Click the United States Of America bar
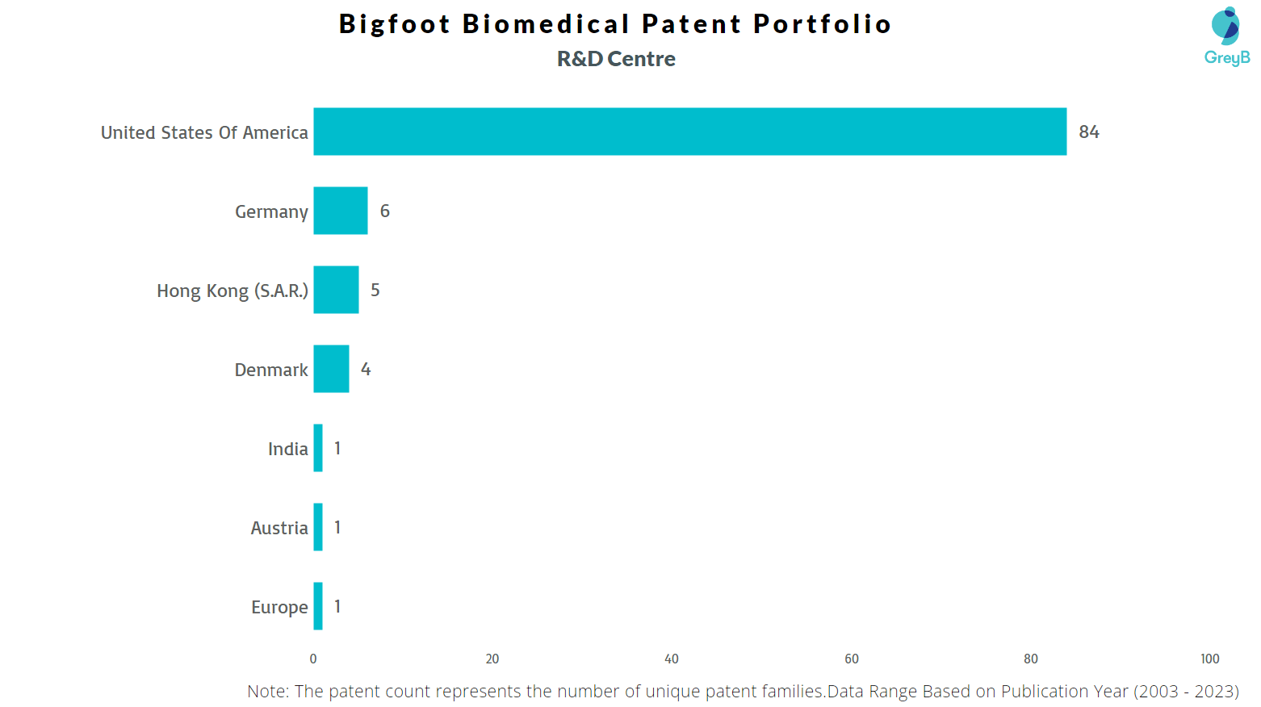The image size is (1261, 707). pos(689,132)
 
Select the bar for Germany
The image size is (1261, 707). pos(341,211)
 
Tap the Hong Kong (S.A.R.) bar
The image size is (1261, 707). pos(336,290)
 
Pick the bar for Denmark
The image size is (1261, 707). pos(331,369)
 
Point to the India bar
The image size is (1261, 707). pos(318,448)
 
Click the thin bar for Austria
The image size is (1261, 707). pos(318,527)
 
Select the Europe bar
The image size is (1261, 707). pos(318,606)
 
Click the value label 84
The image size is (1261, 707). pos(1089,132)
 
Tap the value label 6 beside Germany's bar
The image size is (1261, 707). pos(385,211)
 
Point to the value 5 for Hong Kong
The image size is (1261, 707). pos(375,290)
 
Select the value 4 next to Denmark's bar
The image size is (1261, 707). pos(366,369)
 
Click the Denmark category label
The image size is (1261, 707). pos(271,370)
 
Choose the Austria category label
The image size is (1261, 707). pos(279,528)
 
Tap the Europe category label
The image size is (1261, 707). pos(279,607)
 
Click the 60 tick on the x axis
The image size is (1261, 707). pos(852,659)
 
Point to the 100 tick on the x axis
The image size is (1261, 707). pos(1209,659)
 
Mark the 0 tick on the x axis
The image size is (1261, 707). pos(313,659)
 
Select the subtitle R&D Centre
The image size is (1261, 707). pos(616,59)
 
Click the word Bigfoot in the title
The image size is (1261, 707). pos(394,24)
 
